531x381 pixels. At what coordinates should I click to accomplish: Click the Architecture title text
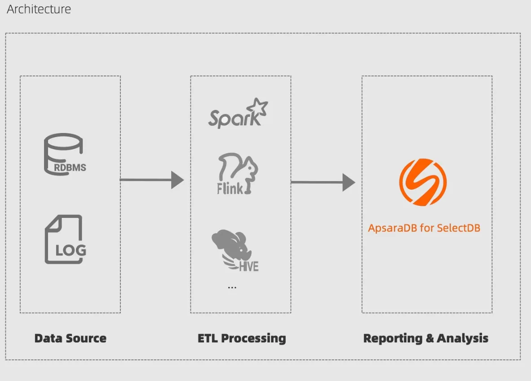point(39,9)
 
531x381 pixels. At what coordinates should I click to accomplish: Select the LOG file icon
point(65,239)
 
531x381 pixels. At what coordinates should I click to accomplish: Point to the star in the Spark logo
point(259,107)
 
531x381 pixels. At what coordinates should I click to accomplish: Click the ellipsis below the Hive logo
point(232,287)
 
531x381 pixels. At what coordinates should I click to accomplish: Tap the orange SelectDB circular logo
point(423,182)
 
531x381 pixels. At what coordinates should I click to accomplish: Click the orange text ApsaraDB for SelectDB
point(424,228)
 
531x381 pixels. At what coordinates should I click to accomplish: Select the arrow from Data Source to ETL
point(152,180)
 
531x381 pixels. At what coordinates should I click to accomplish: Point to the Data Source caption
point(71,338)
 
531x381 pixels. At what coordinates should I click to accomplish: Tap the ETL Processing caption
point(242,338)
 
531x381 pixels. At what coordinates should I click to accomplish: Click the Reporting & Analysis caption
point(425,338)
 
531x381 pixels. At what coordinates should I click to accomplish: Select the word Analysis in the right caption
point(462,338)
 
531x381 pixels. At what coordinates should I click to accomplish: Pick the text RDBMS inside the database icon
point(70,168)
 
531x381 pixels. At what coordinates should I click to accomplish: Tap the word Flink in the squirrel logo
point(230,188)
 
